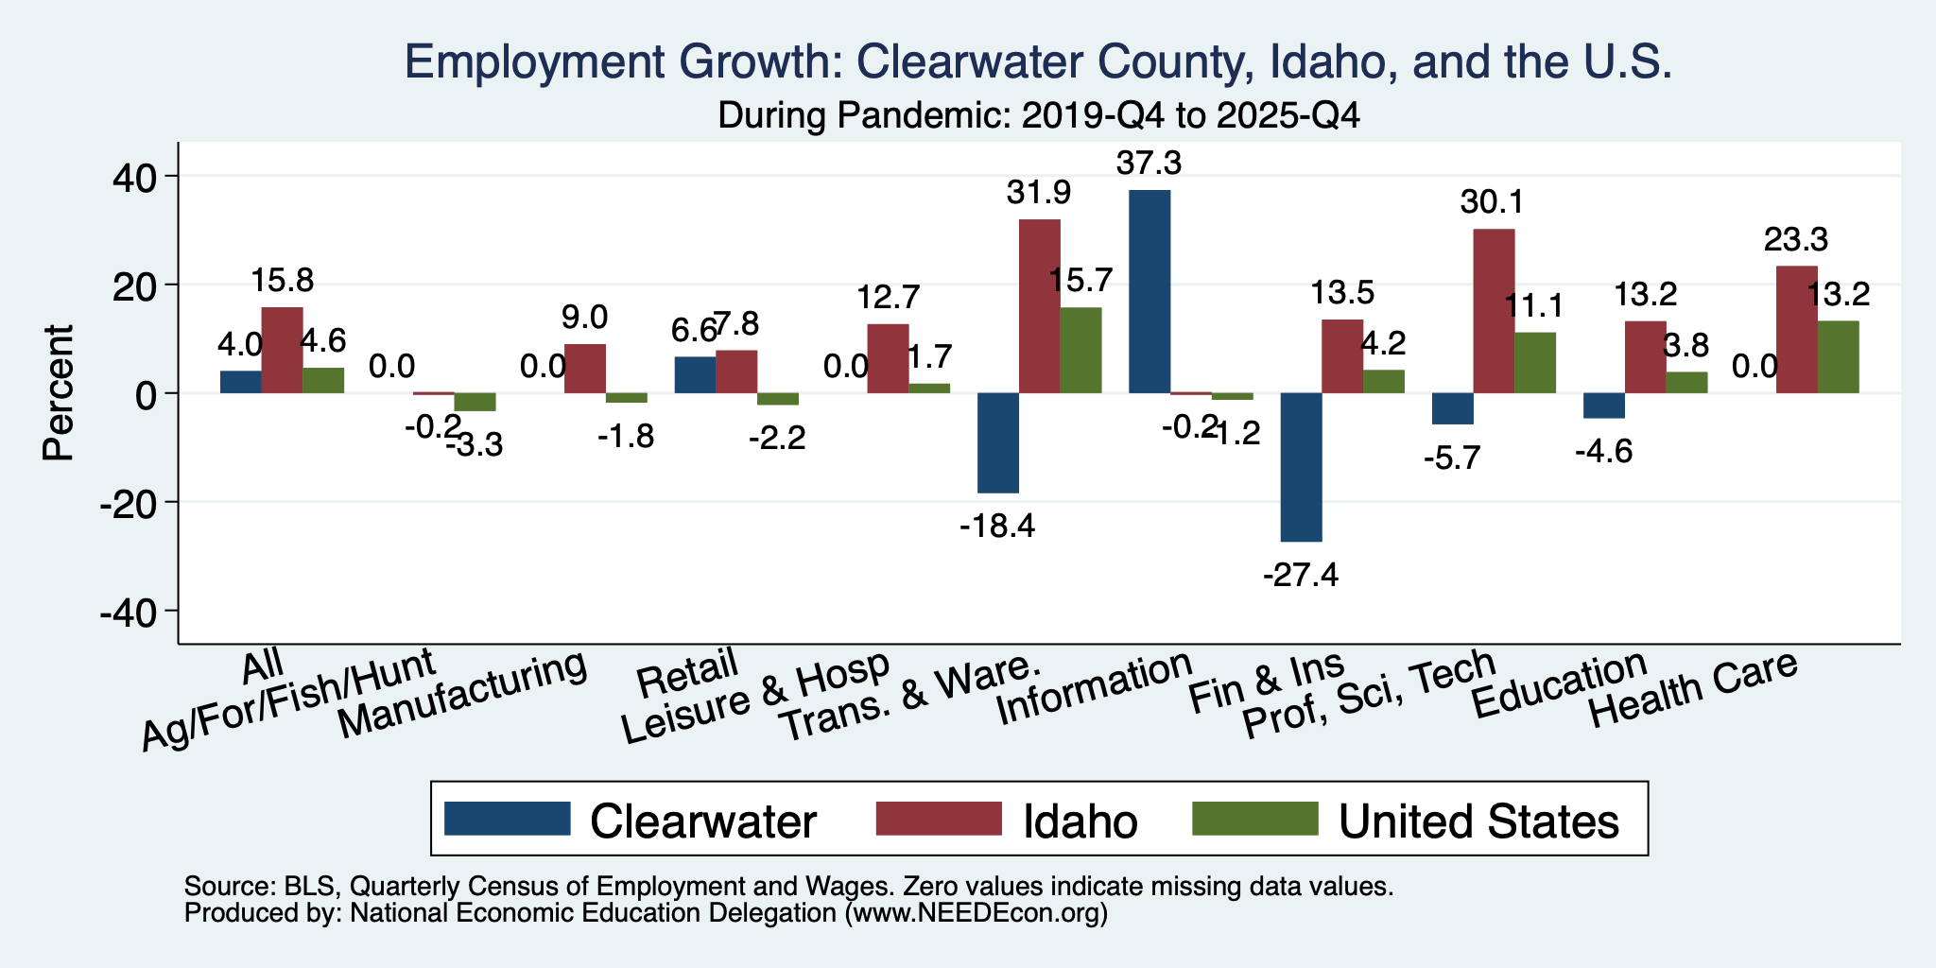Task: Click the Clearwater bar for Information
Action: [x=1149, y=291]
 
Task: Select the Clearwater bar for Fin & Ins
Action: [x=1301, y=467]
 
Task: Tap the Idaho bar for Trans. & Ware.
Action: [x=1039, y=306]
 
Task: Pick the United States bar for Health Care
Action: [x=1838, y=357]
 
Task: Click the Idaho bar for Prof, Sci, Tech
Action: [x=1494, y=311]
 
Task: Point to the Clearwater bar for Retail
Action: [x=695, y=375]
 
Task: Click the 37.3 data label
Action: [x=1149, y=164]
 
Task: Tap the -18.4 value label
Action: [x=997, y=526]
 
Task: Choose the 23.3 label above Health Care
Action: [x=1796, y=240]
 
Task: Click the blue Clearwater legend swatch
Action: [x=508, y=819]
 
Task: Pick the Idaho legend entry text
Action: [x=1080, y=821]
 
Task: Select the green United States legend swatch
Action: [x=1254, y=819]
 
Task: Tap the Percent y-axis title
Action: [x=59, y=392]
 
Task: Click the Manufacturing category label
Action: [x=463, y=697]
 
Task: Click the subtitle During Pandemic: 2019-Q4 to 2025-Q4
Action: [x=1039, y=116]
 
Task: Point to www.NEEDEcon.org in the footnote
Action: [x=975, y=913]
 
